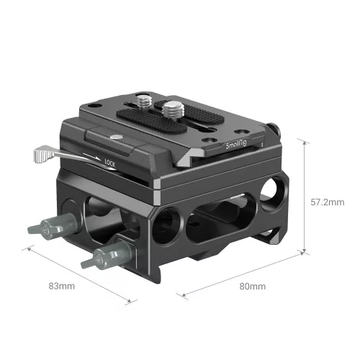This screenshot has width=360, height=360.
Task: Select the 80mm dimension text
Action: [x=253, y=287]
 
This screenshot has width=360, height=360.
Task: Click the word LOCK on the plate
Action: [x=110, y=163]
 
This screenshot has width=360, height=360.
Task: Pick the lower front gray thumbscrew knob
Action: [x=102, y=256]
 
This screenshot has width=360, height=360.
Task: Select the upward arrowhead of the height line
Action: [x=308, y=144]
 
